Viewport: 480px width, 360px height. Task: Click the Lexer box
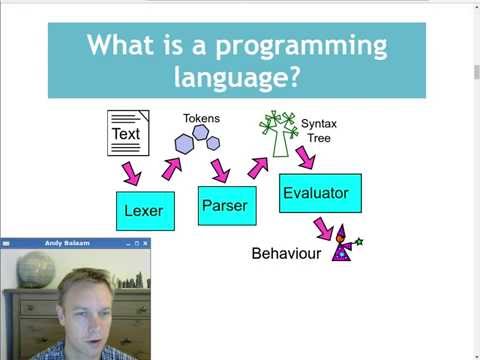(144, 211)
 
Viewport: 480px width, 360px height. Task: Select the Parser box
(220, 205)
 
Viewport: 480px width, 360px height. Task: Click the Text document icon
(128, 133)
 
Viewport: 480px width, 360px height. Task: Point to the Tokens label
(201, 119)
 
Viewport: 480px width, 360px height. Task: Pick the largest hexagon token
(184, 144)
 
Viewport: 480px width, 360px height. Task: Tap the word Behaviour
(286, 254)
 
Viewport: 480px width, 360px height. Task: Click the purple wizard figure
(343, 244)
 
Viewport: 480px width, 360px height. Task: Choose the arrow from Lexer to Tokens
(170, 169)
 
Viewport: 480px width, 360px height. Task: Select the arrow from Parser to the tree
(258, 167)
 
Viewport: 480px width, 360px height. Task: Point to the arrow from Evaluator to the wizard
(323, 226)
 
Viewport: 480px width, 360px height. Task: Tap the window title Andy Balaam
(66, 243)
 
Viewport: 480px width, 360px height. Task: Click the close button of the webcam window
(144, 243)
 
